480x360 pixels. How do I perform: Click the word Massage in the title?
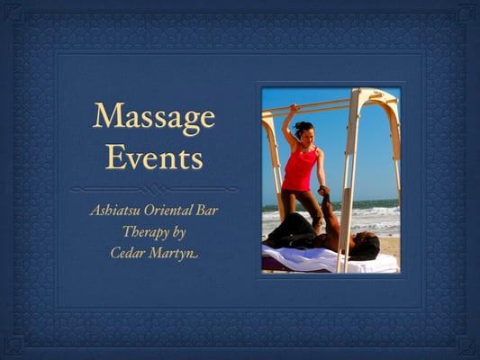click(x=154, y=117)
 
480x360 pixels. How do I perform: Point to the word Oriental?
click(x=174, y=211)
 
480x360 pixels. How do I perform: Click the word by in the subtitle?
click(x=178, y=231)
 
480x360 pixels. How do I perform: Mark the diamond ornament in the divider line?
click(x=154, y=189)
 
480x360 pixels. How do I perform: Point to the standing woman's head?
click(x=304, y=130)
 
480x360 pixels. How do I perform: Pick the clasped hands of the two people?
click(x=323, y=192)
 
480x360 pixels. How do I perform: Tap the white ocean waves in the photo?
click(x=378, y=218)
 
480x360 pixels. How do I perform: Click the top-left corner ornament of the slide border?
click(x=14, y=13)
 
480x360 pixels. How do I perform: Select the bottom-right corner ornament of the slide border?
click(x=466, y=346)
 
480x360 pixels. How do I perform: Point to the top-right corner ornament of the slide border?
click(x=466, y=13)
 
